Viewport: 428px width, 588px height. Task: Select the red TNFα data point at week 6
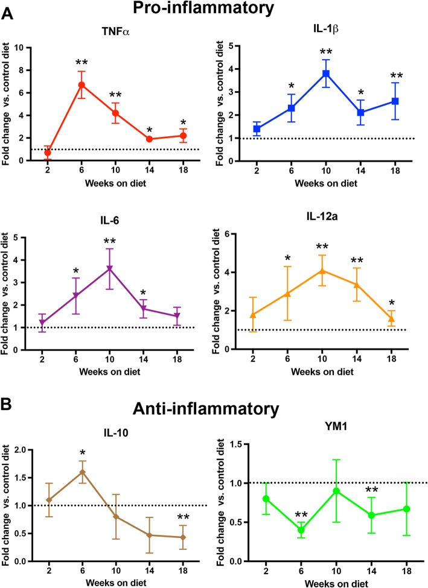(81, 84)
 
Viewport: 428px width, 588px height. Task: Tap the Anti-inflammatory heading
(218, 411)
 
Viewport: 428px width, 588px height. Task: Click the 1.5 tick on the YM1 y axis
(250, 444)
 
